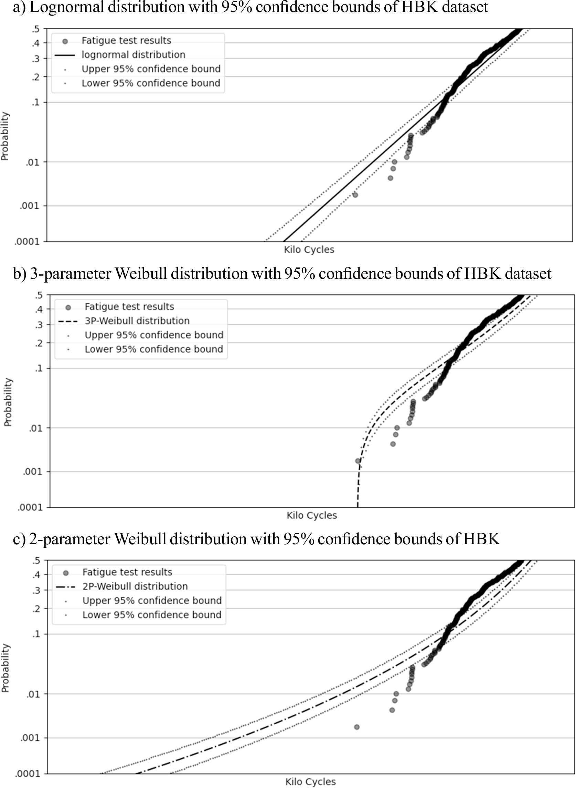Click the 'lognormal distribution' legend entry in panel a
click(133, 55)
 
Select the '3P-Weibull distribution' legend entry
click(137, 321)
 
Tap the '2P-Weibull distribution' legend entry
click(135, 586)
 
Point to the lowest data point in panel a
click(355, 195)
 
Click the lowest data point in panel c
click(357, 727)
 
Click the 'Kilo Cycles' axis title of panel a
click(309, 250)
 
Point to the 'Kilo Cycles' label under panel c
click(310, 782)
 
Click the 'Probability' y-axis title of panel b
click(8, 402)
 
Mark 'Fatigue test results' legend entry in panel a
click(126, 41)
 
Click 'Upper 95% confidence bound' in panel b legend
click(154, 335)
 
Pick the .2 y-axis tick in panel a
click(36, 77)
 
